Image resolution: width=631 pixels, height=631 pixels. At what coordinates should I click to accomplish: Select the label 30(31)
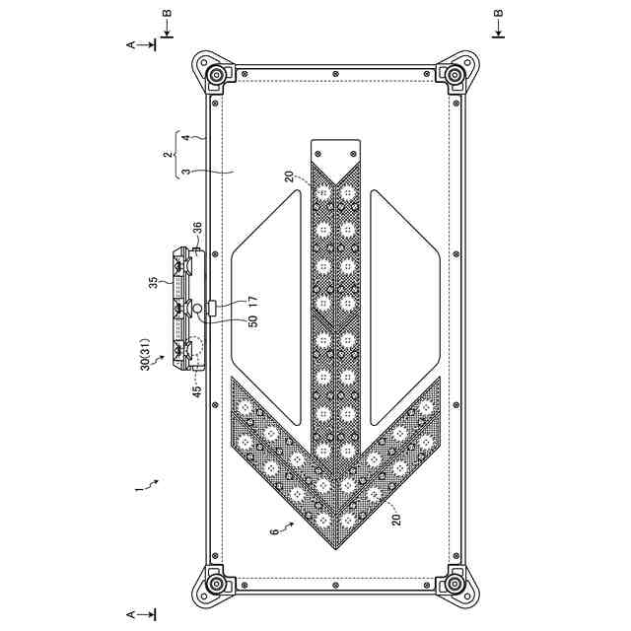click(146, 354)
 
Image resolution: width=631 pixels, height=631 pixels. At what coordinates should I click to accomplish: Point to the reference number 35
click(154, 283)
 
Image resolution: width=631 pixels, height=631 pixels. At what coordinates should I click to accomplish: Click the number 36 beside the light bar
click(197, 229)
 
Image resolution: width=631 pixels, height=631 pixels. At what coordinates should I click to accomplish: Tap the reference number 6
click(274, 531)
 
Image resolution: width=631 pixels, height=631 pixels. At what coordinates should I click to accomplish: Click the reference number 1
click(138, 489)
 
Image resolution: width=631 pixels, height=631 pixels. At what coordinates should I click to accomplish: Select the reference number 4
click(185, 138)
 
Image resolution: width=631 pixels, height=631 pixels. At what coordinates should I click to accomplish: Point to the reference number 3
click(185, 172)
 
